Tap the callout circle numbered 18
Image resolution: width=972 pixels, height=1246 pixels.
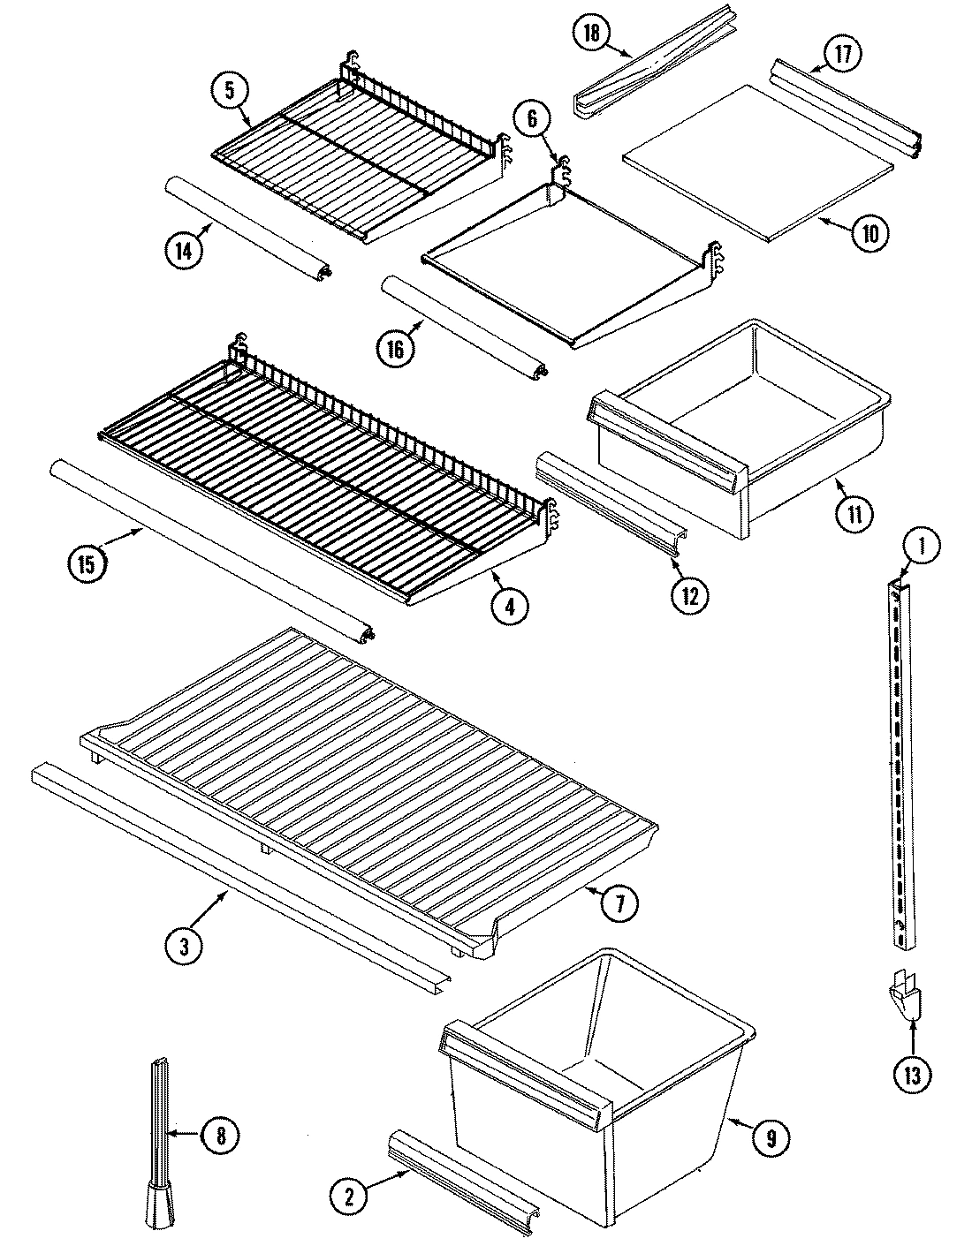coord(591,34)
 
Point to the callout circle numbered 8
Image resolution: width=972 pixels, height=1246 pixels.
coord(220,1136)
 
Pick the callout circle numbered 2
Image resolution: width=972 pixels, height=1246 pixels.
coord(349,1197)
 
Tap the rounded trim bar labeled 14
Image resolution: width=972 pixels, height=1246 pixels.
coord(247,226)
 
